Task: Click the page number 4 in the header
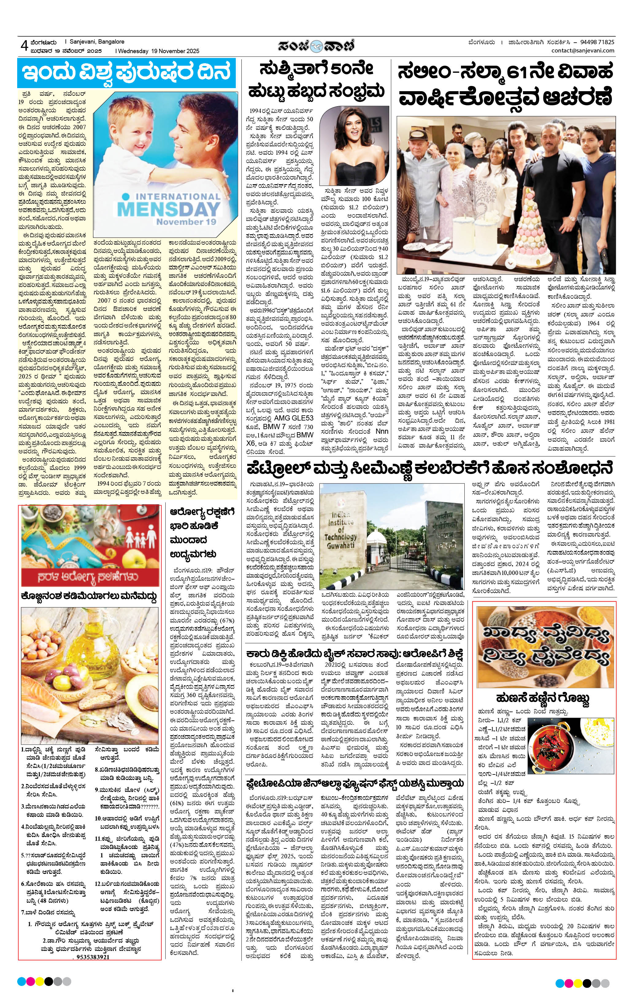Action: (x=24, y=46)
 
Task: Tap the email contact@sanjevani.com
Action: (x=583, y=51)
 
